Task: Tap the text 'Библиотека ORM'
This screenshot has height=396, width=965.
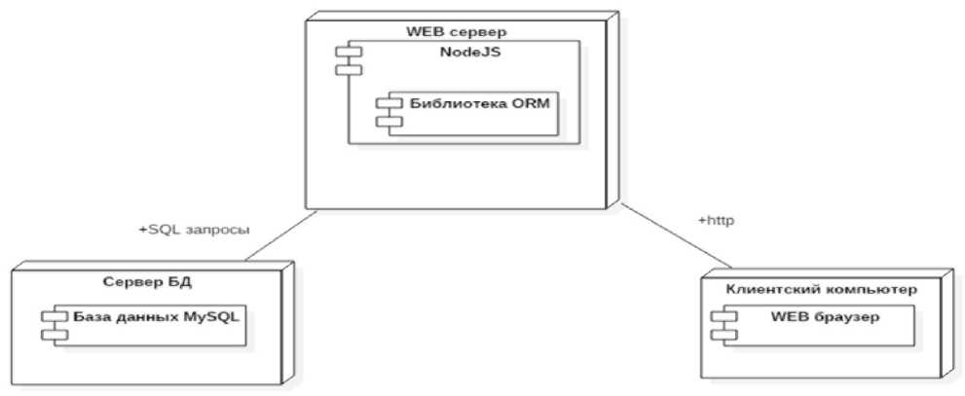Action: pos(468,104)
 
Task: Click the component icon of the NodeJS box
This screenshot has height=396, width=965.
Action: pos(342,60)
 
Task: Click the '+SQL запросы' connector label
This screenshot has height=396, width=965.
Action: pos(195,231)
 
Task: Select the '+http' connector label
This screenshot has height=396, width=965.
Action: pos(715,221)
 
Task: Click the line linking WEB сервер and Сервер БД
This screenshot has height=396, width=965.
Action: pos(282,236)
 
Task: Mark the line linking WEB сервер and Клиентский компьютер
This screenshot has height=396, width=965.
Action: pos(678,234)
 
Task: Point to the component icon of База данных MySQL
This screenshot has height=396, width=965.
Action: pos(50,325)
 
